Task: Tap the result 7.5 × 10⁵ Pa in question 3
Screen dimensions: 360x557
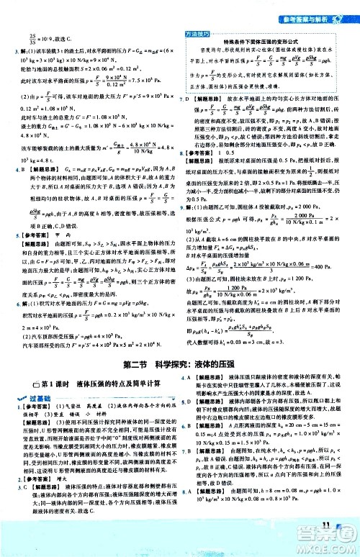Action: tap(145, 79)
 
